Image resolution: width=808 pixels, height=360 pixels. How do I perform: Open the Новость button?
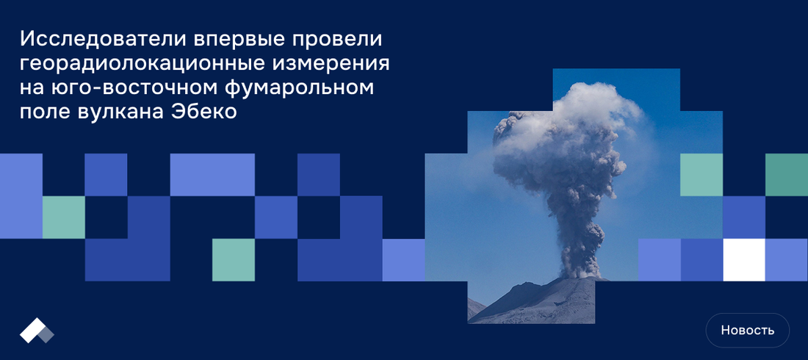747,330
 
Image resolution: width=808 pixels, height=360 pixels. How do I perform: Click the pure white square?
744,260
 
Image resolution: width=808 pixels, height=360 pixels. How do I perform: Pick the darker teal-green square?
787,175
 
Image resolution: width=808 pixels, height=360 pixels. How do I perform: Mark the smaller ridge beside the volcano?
475,308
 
